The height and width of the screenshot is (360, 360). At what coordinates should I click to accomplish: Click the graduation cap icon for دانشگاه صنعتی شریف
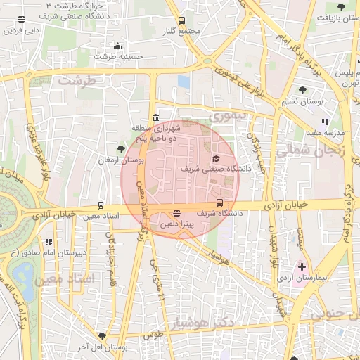[216, 158]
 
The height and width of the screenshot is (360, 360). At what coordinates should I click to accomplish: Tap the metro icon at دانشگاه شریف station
[219, 202]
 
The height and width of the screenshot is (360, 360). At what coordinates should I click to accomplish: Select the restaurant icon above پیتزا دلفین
[176, 213]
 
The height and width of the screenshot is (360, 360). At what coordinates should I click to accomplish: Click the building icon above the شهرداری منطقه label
[155, 117]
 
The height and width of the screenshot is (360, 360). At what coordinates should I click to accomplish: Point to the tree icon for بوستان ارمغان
[121, 148]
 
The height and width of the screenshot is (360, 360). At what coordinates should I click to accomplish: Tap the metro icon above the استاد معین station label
[101, 205]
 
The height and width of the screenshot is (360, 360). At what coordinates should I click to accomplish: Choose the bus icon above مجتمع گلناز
[181, 21]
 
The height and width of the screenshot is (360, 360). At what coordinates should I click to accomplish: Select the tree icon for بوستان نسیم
[302, 90]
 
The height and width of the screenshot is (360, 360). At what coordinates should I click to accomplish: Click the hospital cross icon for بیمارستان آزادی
[302, 266]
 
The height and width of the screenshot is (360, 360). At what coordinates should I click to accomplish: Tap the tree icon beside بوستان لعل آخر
[103, 337]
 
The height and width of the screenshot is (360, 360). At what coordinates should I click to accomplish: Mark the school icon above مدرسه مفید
[324, 122]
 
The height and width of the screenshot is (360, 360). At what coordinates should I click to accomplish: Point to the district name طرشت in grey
[75, 80]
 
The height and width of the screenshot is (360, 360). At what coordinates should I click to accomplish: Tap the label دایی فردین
[20, 30]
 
